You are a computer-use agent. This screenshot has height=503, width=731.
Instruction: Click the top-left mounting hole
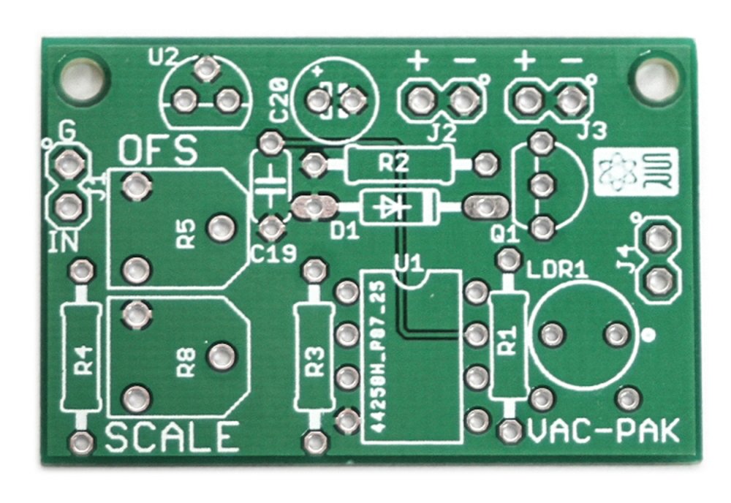pyautogui.click(x=83, y=75)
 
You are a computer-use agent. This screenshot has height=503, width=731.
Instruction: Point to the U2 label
pyautogui.click(x=162, y=56)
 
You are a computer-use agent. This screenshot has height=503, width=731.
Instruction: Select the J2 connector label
pyautogui.click(x=441, y=133)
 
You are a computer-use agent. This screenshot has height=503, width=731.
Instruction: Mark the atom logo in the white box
pyautogui.click(x=616, y=172)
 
